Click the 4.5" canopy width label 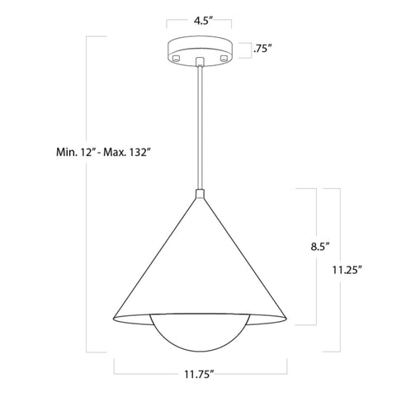point(198,15)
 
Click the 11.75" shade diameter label point(198,374)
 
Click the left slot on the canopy point(175,59)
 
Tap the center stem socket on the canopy point(198,62)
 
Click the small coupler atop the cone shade point(198,195)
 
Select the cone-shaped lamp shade point(198,264)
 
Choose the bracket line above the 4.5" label point(198,27)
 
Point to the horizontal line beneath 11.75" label point(198,364)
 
